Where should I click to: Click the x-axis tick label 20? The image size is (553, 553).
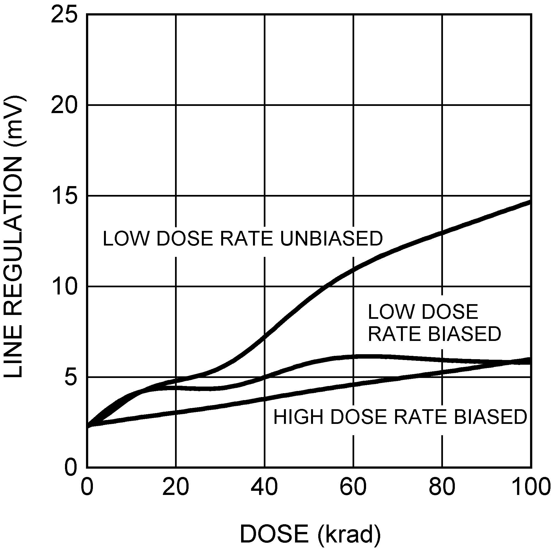(x=176, y=487)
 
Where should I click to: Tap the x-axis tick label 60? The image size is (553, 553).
(x=353, y=487)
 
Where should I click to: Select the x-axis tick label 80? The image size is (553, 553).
(x=442, y=487)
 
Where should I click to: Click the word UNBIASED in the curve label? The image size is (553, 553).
(x=332, y=239)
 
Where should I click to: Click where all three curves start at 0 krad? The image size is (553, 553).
(x=88, y=426)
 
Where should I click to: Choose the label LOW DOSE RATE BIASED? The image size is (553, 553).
(x=434, y=323)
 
